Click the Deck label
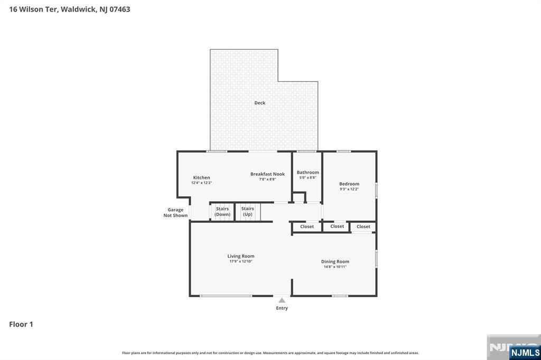point(260,103)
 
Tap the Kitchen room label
point(201,177)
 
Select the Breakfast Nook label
point(267,174)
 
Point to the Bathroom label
point(308,173)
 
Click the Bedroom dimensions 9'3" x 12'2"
point(349,189)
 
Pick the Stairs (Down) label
point(222,211)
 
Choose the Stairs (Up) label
point(247,211)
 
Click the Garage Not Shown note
point(175,212)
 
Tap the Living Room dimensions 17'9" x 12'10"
point(241,261)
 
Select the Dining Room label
point(335,262)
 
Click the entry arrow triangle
point(282,300)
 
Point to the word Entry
point(282,308)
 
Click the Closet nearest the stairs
point(307,226)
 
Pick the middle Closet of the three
point(337,226)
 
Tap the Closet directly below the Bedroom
point(363,226)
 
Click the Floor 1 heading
point(21,324)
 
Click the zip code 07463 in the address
point(120,10)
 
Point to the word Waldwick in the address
point(79,10)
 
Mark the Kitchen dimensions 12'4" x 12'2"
point(201,183)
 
